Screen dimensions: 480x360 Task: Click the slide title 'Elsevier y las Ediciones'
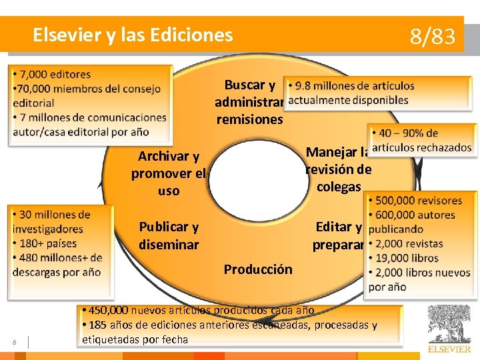[x=133, y=35]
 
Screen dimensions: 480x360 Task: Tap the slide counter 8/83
[x=432, y=37]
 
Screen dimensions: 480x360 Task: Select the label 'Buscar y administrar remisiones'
[x=249, y=103]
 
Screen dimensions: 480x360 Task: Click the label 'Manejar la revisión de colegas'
[x=338, y=169]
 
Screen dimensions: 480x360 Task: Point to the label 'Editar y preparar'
[x=338, y=236]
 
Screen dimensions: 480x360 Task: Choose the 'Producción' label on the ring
[x=258, y=269]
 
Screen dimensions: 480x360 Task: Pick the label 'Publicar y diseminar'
[x=169, y=235]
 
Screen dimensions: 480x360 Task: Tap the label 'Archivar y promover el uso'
[x=169, y=173]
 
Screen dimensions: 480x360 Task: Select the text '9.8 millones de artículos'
[x=354, y=86]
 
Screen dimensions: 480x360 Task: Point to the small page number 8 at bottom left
[x=15, y=343]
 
